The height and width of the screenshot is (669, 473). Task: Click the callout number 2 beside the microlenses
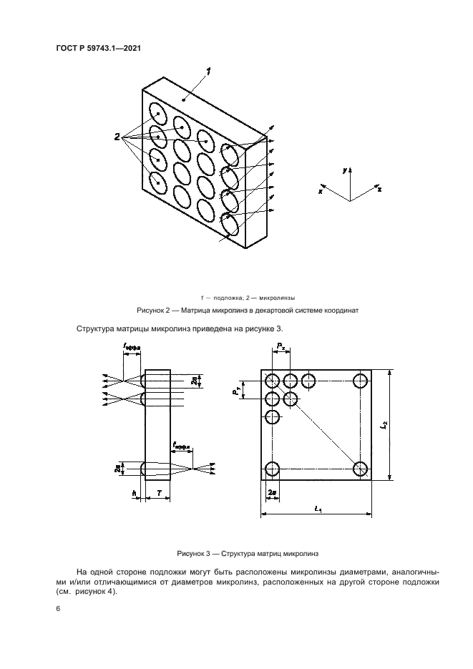pos(116,137)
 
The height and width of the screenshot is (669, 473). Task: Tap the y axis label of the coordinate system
pos(346,172)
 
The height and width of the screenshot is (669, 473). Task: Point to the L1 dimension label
pos(318,509)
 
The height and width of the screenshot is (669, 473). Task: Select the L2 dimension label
pos(385,424)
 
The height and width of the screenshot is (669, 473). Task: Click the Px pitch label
pos(281,347)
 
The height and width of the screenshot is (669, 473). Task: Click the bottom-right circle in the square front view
pos(360,469)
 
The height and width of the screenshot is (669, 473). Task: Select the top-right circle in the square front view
pos(360,379)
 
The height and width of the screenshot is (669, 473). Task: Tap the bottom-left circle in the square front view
pos(272,469)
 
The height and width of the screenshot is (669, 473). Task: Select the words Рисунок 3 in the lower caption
pos(193,554)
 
